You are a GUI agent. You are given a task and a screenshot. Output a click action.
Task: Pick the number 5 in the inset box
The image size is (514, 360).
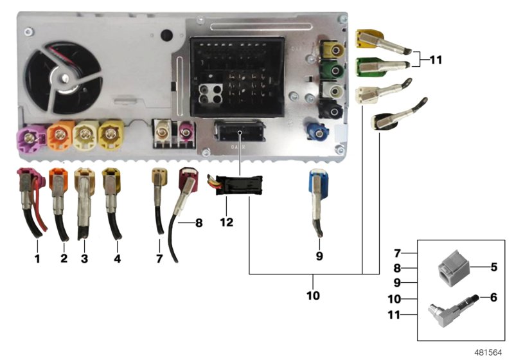pos(493,266)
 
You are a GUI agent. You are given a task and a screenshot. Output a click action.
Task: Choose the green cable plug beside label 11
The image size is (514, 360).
pos(369,66)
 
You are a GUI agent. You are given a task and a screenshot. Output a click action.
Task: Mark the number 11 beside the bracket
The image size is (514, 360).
pos(436,60)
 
